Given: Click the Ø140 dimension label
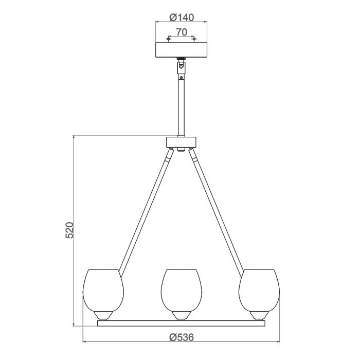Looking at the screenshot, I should [x=181, y=17].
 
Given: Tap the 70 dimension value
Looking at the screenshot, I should [x=181, y=32].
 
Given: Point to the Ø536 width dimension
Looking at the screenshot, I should [x=181, y=337].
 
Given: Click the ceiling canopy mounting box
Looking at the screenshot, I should [x=181, y=50].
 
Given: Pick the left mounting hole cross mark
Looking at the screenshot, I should [x=168, y=39].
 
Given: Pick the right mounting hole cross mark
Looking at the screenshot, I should [x=194, y=39].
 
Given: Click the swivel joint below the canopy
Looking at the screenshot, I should [x=181, y=66].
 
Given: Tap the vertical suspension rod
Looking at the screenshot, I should [x=181, y=108].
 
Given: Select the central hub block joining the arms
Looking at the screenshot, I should [x=181, y=142].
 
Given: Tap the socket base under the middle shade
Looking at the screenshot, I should [x=181, y=315].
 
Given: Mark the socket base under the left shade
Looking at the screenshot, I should [x=103, y=315].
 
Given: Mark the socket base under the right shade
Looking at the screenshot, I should [x=259, y=315].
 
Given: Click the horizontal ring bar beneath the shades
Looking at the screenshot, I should [x=181, y=323].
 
